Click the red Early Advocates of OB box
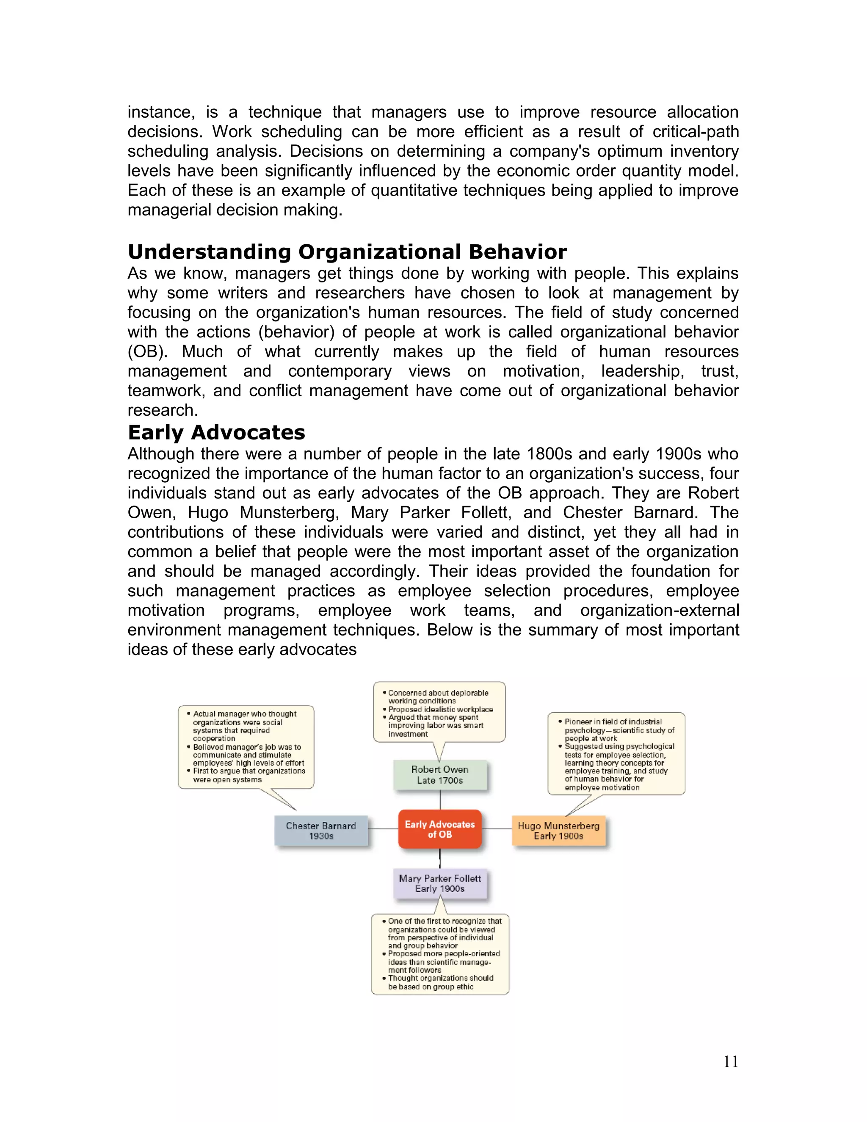(x=440, y=829)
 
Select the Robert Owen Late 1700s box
(x=440, y=775)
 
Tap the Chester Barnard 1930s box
(x=321, y=831)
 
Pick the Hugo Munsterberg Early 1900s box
(x=558, y=831)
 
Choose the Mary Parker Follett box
(x=440, y=884)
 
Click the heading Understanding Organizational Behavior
(x=347, y=252)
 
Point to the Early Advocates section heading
(x=216, y=433)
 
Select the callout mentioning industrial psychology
(x=616, y=754)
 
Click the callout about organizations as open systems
(x=246, y=746)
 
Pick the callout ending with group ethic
(x=440, y=954)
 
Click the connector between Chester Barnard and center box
(x=383, y=829)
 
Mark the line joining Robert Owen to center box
(x=440, y=800)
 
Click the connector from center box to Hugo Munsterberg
(x=497, y=829)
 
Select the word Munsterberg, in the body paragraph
(x=289, y=513)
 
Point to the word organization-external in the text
(x=660, y=610)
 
